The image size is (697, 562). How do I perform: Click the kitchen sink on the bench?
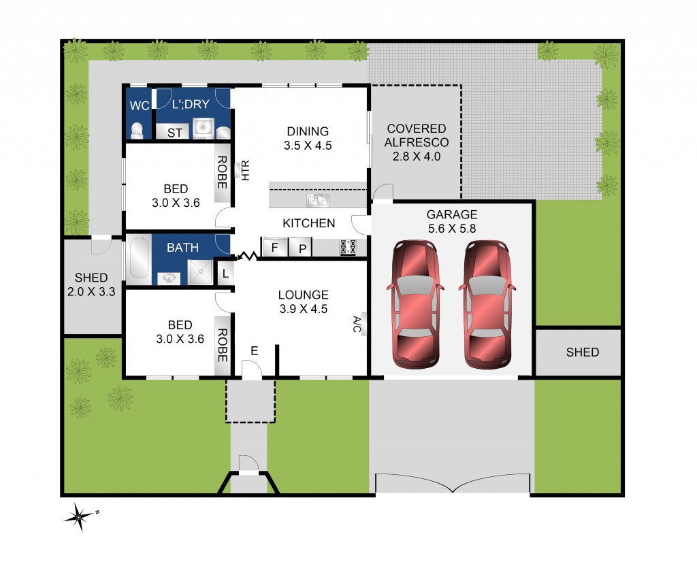point(317,200)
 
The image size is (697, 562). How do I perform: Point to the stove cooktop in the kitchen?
point(349,247)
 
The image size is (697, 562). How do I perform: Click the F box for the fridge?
point(274,247)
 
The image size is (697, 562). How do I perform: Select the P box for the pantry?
point(300,248)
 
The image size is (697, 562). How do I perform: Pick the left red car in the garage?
point(415,303)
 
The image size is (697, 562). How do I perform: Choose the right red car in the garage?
point(487,303)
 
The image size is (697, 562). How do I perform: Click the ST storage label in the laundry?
point(175,133)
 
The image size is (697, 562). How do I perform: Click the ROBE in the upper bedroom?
point(223,173)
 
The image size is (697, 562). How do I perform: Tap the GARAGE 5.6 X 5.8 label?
point(452,222)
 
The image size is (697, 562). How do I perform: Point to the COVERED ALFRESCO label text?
point(416,135)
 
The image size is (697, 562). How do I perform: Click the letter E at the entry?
point(255,350)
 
